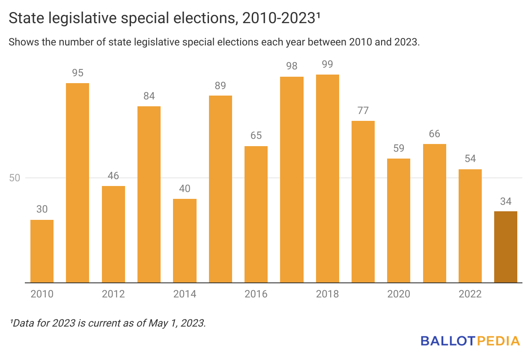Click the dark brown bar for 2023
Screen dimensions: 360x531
pyautogui.click(x=505, y=247)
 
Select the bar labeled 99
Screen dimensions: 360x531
pyautogui.click(x=327, y=179)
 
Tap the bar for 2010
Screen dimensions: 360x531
pyautogui.click(x=42, y=251)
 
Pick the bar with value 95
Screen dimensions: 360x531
pyautogui.click(x=78, y=183)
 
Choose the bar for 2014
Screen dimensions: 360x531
pyautogui.click(x=185, y=241)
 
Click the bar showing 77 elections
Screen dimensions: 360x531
pyautogui.click(x=363, y=202)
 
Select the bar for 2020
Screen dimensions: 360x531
pyautogui.click(x=399, y=221)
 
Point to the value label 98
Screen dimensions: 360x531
pyautogui.click(x=292, y=66)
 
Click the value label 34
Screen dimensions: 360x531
pyautogui.click(x=505, y=201)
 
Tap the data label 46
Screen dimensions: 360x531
pyautogui.click(x=113, y=176)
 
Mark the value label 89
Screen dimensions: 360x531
pyautogui.click(x=220, y=85)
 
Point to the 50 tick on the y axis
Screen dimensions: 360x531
pyautogui.click(x=15, y=178)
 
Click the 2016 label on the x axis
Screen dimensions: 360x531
pyautogui.click(x=256, y=294)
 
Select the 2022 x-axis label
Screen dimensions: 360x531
pyautogui.click(x=470, y=294)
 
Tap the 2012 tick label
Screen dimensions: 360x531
pyautogui.click(x=113, y=294)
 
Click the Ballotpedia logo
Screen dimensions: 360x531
pyautogui.click(x=470, y=341)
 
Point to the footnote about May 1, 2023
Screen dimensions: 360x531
pyautogui.click(x=107, y=323)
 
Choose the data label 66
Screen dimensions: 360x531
pyautogui.click(x=434, y=134)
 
